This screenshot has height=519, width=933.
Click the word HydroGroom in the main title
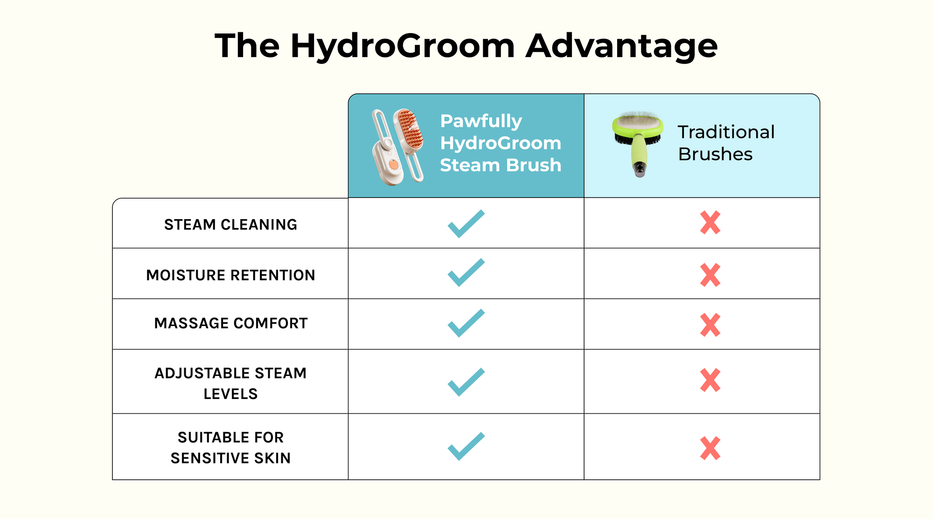pyautogui.click(x=403, y=47)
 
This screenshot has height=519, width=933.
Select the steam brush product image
pyautogui.click(x=398, y=146)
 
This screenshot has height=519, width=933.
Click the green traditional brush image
pyautogui.click(x=638, y=143)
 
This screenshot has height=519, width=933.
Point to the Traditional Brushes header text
pyautogui.click(x=726, y=143)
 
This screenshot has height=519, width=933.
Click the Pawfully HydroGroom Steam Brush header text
pyautogui.click(x=501, y=143)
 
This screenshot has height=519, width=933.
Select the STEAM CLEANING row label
pyautogui.click(x=230, y=225)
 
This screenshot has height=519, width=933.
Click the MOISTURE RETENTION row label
pyautogui.click(x=230, y=275)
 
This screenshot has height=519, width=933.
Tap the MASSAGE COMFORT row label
pyautogui.click(x=231, y=323)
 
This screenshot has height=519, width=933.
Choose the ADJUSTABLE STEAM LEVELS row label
pyautogui.click(x=230, y=384)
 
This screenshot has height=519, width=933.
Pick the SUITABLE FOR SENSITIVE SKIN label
pyautogui.click(x=230, y=448)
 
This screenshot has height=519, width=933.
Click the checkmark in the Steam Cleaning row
pyautogui.click(x=466, y=224)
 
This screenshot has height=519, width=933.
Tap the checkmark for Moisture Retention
pyautogui.click(x=466, y=272)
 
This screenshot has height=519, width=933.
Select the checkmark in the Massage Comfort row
pyautogui.click(x=466, y=323)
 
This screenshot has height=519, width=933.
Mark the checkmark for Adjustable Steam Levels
pyautogui.click(x=466, y=382)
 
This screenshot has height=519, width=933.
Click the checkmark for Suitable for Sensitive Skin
pyautogui.click(x=466, y=446)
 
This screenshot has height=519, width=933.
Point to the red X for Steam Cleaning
pyautogui.click(x=710, y=223)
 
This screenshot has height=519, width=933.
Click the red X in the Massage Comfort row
pyautogui.click(x=710, y=325)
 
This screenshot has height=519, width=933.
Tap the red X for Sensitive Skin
pyautogui.click(x=710, y=448)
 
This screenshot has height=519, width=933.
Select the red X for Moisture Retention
pyautogui.click(x=710, y=275)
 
